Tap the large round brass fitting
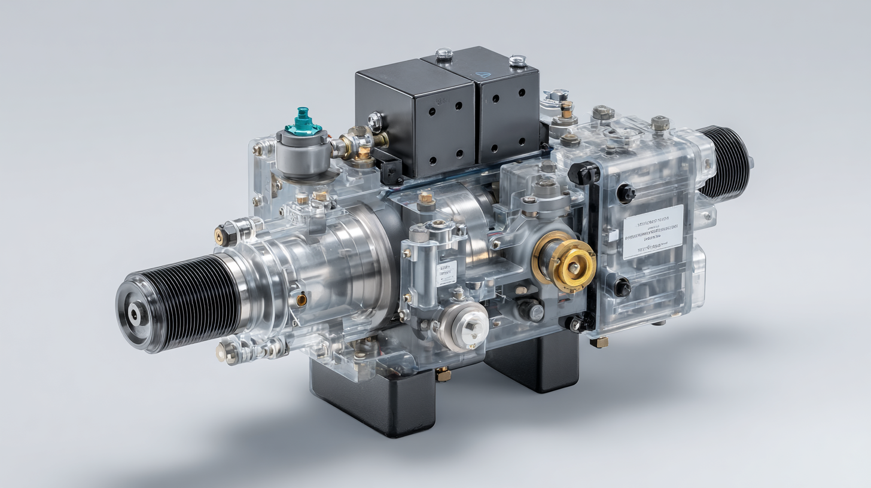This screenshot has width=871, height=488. pyautogui.click(x=565, y=262)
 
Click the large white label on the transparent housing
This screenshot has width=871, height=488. pyautogui.click(x=653, y=231)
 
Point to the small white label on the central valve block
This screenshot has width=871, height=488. pyautogui.click(x=446, y=272)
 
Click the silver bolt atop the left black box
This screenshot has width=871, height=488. pyautogui.click(x=444, y=54)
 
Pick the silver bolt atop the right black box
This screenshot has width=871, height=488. pyautogui.click(x=517, y=60)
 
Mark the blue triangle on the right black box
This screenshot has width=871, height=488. pyautogui.click(x=483, y=76)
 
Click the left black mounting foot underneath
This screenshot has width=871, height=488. pyautogui.click(x=372, y=401)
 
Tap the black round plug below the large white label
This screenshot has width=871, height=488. pyautogui.click(x=622, y=288)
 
